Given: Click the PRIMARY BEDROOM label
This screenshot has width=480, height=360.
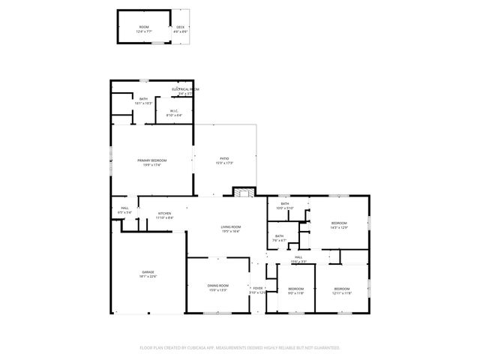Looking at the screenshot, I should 151,160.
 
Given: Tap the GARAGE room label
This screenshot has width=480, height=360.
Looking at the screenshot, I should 147,272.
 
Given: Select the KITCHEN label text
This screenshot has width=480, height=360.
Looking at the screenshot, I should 164,214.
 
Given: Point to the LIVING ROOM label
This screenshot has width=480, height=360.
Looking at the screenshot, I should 230,227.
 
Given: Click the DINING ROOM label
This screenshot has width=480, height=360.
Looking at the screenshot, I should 217,285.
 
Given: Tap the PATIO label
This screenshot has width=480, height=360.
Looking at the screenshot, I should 224,158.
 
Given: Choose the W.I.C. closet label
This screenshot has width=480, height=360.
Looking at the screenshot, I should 174,111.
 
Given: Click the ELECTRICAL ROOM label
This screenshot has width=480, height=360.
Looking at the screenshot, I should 184,89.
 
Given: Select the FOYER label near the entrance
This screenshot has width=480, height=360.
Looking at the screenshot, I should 257,288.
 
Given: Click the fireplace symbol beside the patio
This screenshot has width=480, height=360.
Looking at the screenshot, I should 242,193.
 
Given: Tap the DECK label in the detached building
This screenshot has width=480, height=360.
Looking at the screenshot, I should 180,27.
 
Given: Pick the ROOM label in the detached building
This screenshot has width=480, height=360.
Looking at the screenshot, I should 144,27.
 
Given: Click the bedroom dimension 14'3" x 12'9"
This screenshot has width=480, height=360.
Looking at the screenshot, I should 339,227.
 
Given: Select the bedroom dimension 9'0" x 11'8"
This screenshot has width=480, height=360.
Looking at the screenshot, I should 296,293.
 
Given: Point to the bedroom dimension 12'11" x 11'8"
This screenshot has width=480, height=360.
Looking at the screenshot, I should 342,293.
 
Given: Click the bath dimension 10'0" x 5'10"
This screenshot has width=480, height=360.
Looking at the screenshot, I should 285,208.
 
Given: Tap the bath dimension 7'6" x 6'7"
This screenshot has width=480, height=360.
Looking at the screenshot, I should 279,241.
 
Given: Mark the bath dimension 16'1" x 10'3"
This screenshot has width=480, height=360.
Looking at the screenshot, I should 142,103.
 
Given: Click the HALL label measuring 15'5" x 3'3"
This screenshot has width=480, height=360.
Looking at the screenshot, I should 298,261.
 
